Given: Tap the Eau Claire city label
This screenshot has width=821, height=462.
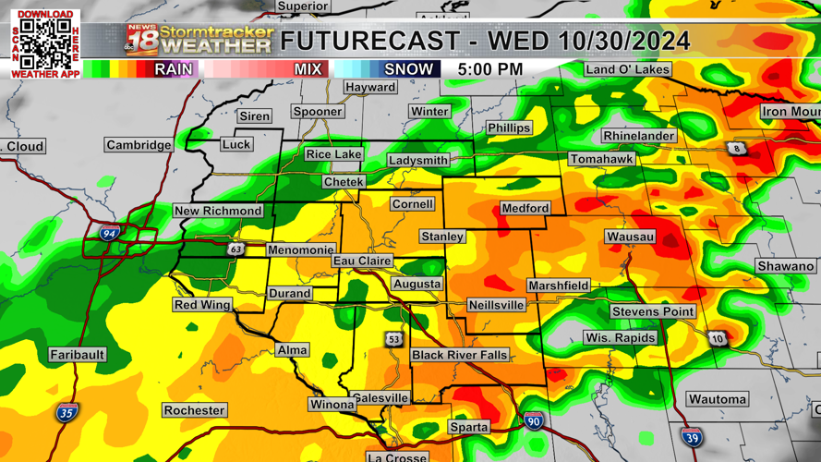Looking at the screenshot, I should coord(362,261).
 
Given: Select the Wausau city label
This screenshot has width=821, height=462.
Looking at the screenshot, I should coord(631,237).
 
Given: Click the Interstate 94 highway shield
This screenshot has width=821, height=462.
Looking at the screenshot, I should coord(109,234).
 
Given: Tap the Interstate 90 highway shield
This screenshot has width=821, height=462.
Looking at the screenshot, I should coord(533,421).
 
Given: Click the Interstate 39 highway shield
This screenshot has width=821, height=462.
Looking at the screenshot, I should coord(691,438).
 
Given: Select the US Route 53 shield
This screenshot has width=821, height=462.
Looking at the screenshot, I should coord(394,339).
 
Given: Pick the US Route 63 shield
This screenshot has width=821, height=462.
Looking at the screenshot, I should coord(236,249).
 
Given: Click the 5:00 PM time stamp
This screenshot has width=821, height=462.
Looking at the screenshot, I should coord(489,69).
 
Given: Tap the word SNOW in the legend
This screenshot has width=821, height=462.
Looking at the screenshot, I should coord(408,69).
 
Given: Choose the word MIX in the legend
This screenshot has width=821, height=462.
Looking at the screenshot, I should coord(308,69).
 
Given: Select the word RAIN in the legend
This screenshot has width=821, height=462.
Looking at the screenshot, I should coord(173,69).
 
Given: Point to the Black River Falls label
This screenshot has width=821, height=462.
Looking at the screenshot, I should coord(459,356).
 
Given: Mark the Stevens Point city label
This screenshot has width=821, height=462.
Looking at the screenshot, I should coord(653,311).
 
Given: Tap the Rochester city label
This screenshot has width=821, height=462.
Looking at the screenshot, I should coord(194,410).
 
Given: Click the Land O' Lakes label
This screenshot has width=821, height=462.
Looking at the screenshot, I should coord(627,69).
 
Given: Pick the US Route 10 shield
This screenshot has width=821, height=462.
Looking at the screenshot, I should coord(718,338).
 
